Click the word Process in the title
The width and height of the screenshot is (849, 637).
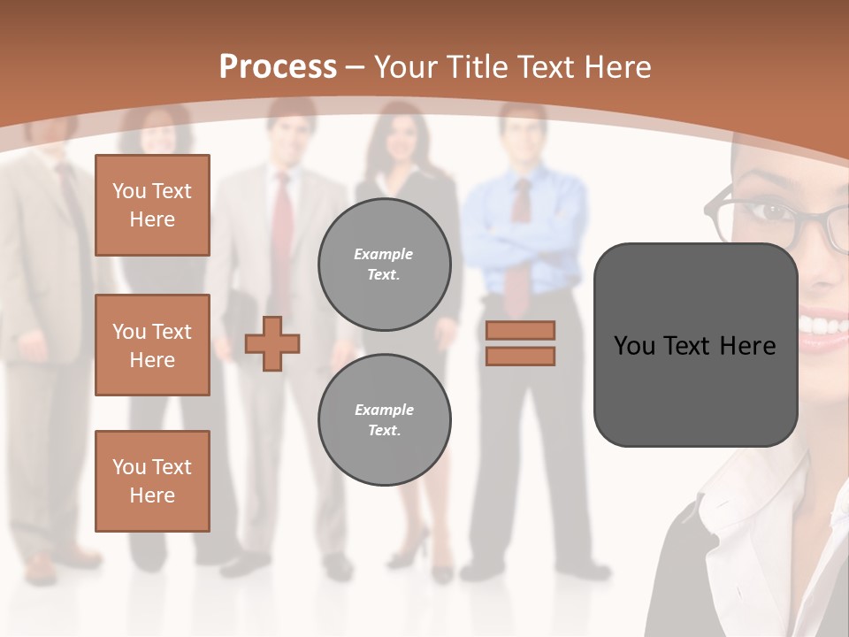tap(278, 66)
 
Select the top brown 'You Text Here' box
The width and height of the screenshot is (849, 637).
tap(152, 205)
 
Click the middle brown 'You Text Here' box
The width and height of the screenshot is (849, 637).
tap(152, 345)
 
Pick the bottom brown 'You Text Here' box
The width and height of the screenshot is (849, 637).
tap(152, 481)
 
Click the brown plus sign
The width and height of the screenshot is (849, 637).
tap(272, 343)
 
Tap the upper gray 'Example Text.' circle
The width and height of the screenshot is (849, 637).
tap(384, 265)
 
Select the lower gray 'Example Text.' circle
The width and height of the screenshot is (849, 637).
tap(384, 420)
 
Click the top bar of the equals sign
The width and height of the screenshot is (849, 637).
tap(520, 330)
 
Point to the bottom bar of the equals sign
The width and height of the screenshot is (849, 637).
tap(520, 356)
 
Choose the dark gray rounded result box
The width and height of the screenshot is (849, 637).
tap(695, 345)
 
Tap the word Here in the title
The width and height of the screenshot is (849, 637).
tap(616, 66)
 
